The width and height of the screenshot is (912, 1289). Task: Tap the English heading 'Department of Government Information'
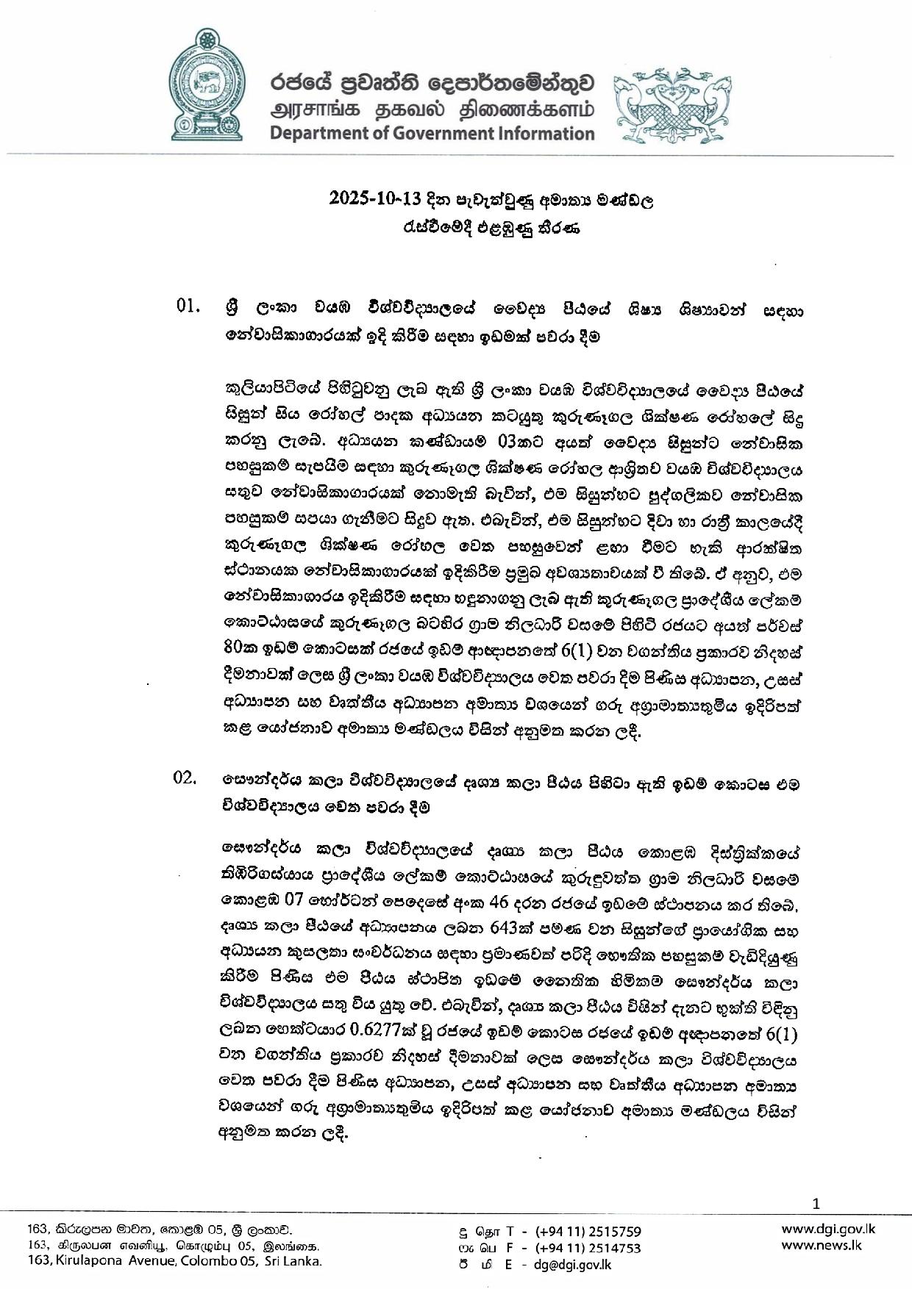[x=432, y=134]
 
